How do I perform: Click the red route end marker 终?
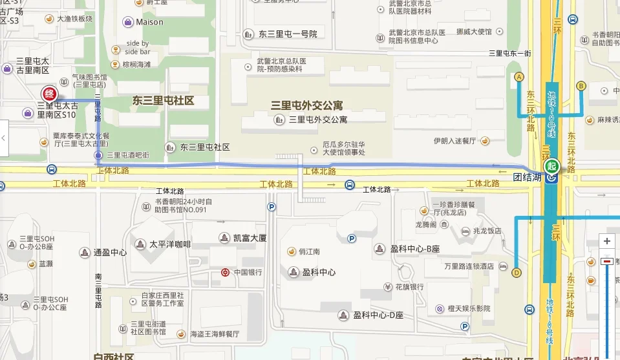[49, 94]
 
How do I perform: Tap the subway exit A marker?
[518, 77]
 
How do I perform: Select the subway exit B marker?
[581, 85]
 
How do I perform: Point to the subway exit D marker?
[516, 272]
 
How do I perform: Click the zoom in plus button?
[606, 241]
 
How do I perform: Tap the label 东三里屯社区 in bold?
[163, 101]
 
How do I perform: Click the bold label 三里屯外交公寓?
[306, 105]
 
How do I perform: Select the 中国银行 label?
[248, 272]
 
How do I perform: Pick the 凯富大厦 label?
[250, 238]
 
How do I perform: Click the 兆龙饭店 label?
[486, 231]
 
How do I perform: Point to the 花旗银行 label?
[409, 287]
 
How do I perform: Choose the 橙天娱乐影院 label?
[469, 309]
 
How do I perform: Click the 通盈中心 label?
[110, 253]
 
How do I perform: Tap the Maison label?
[149, 22]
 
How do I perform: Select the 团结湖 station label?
[526, 176]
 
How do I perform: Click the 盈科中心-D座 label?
[378, 315]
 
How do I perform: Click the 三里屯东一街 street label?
[509, 54]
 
